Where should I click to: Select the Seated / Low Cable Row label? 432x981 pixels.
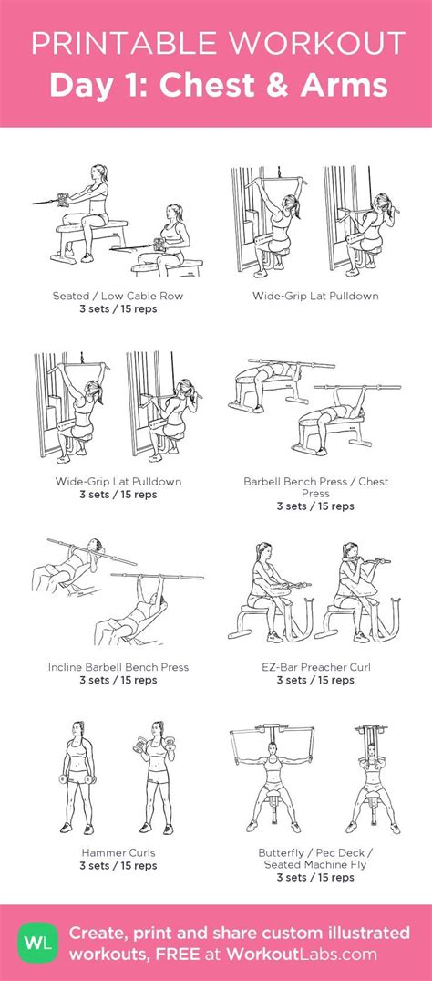(x=118, y=297)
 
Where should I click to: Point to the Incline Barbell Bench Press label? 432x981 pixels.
(x=118, y=667)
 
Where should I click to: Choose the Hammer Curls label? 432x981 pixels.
(x=118, y=853)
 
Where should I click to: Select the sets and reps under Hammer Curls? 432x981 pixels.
(x=118, y=865)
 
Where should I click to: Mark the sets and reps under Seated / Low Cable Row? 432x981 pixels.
(x=118, y=308)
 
